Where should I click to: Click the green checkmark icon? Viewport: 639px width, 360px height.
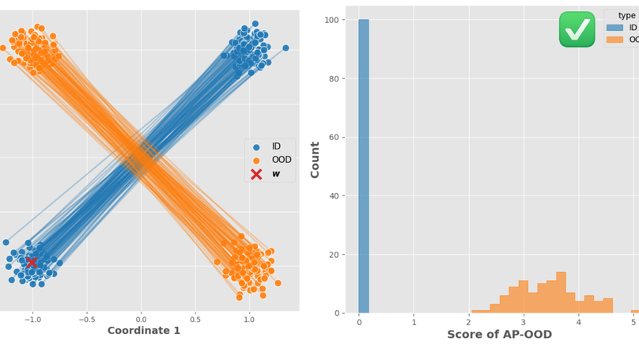[x=577, y=29]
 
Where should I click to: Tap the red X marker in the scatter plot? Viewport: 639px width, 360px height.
[x=32, y=262]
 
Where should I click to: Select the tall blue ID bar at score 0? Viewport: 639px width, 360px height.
[x=363, y=166]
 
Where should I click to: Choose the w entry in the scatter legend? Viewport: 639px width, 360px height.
[x=270, y=174]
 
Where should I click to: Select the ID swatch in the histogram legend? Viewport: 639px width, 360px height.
[x=614, y=27]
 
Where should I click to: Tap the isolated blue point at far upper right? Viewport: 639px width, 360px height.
[x=285, y=48]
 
